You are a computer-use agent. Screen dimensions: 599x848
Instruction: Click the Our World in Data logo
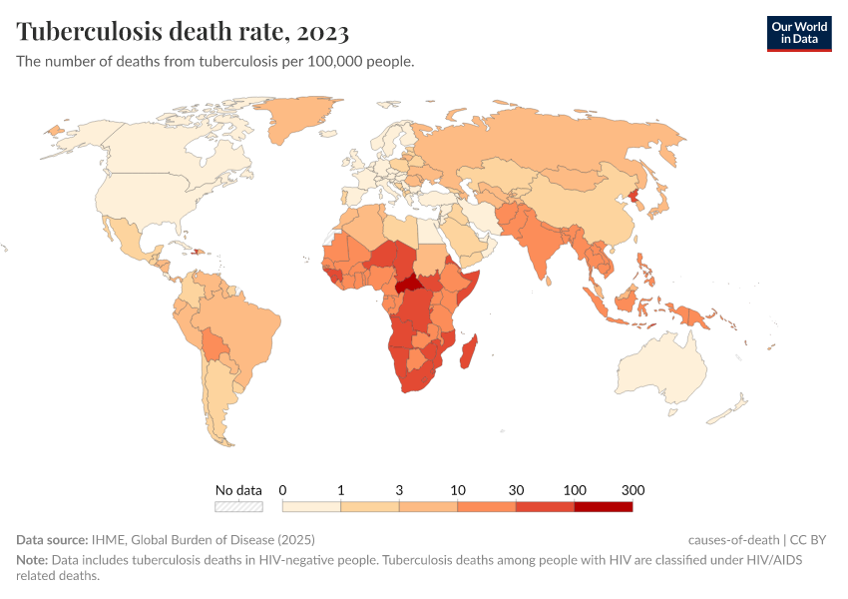pyautogui.click(x=798, y=33)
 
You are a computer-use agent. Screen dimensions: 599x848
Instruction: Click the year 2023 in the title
pyautogui.click(x=321, y=32)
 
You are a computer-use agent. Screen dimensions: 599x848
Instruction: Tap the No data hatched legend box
pyautogui.click(x=239, y=506)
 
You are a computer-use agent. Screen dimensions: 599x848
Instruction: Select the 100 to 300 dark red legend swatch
pyautogui.click(x=603, y=506)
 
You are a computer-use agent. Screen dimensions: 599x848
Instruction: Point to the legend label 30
pyautogui.click(x=516, y=490)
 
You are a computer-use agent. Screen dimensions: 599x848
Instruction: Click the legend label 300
pyautogui.click(x=633, y=490)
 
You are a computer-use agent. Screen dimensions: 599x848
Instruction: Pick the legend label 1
pyautogui.click(x=341, y=490)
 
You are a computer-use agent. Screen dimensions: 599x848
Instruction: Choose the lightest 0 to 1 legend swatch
pyautogui.click(x=311, y=506)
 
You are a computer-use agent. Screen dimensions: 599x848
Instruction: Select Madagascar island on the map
pyautogui.click(x=471, y=350)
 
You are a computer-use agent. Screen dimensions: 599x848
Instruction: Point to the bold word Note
pyautogui.click(x=31, y=560)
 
